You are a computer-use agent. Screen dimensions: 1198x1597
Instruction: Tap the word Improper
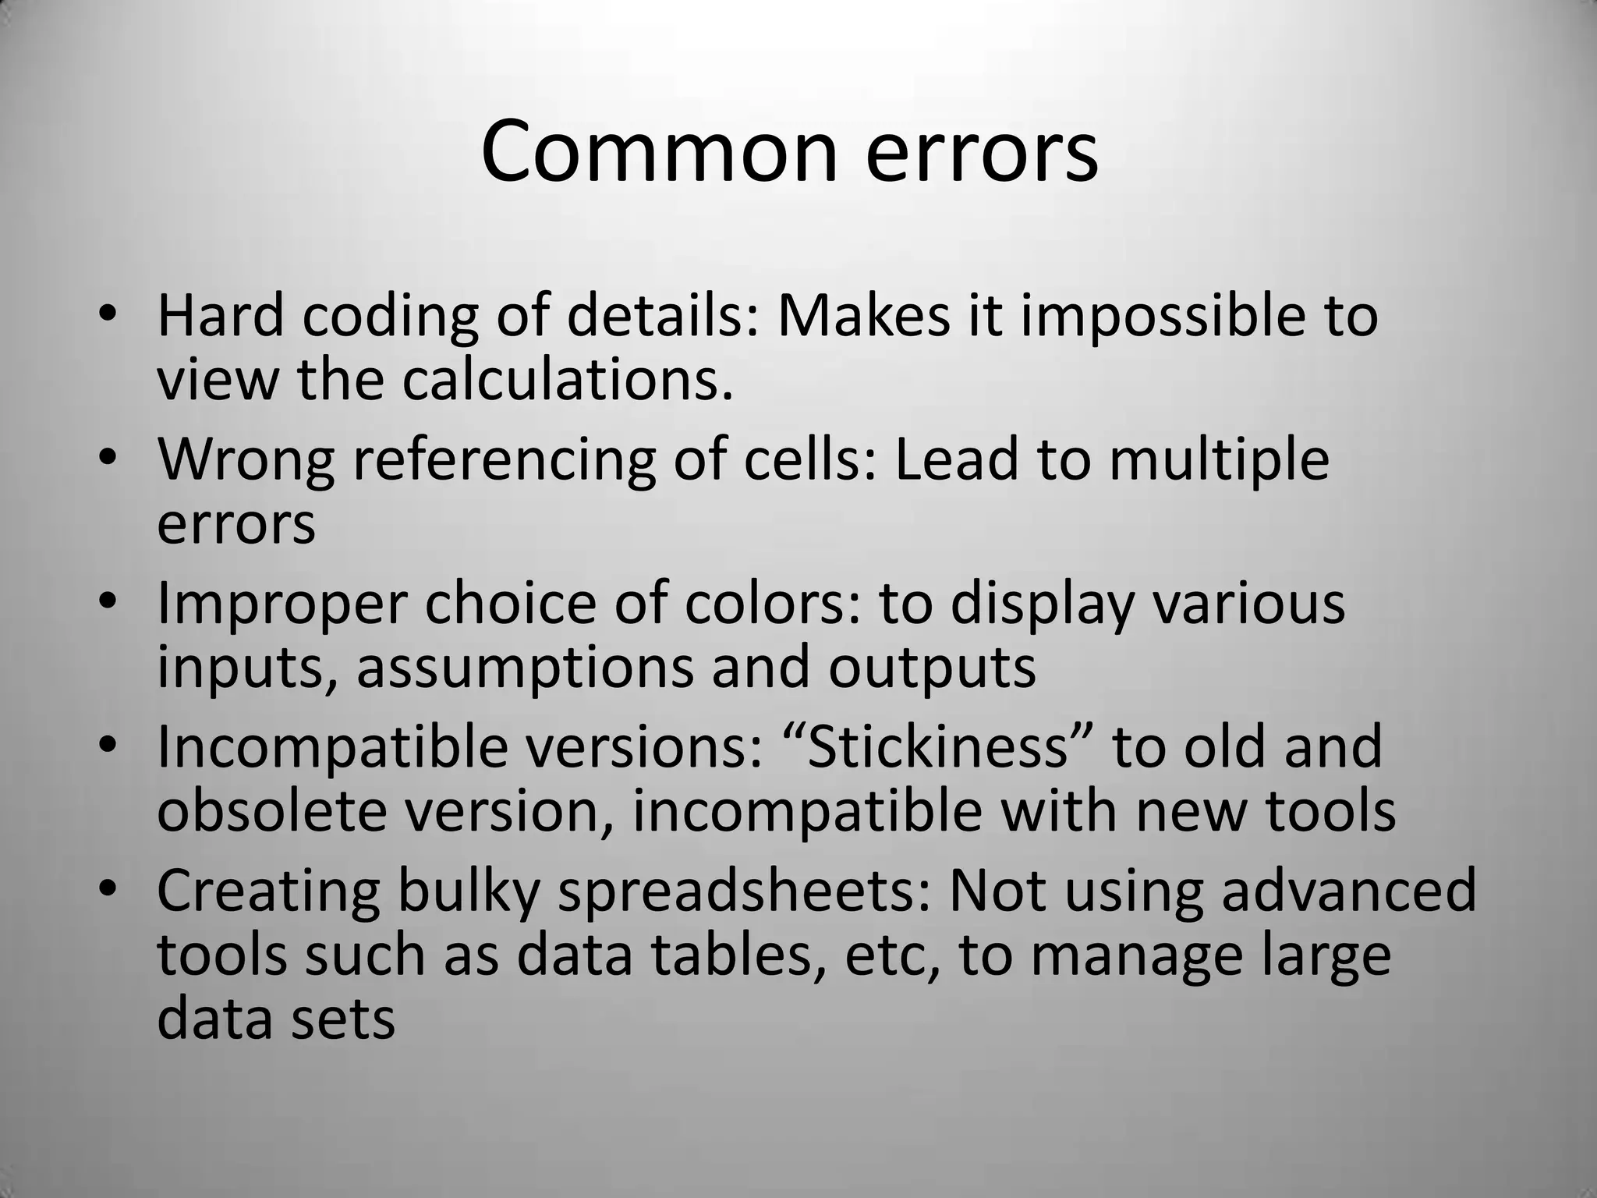pos(282,605)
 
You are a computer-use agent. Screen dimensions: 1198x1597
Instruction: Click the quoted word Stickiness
pos(936,746)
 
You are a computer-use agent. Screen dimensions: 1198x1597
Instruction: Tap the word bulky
pos(468,891)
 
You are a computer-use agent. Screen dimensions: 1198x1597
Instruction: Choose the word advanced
pos(1348,890)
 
